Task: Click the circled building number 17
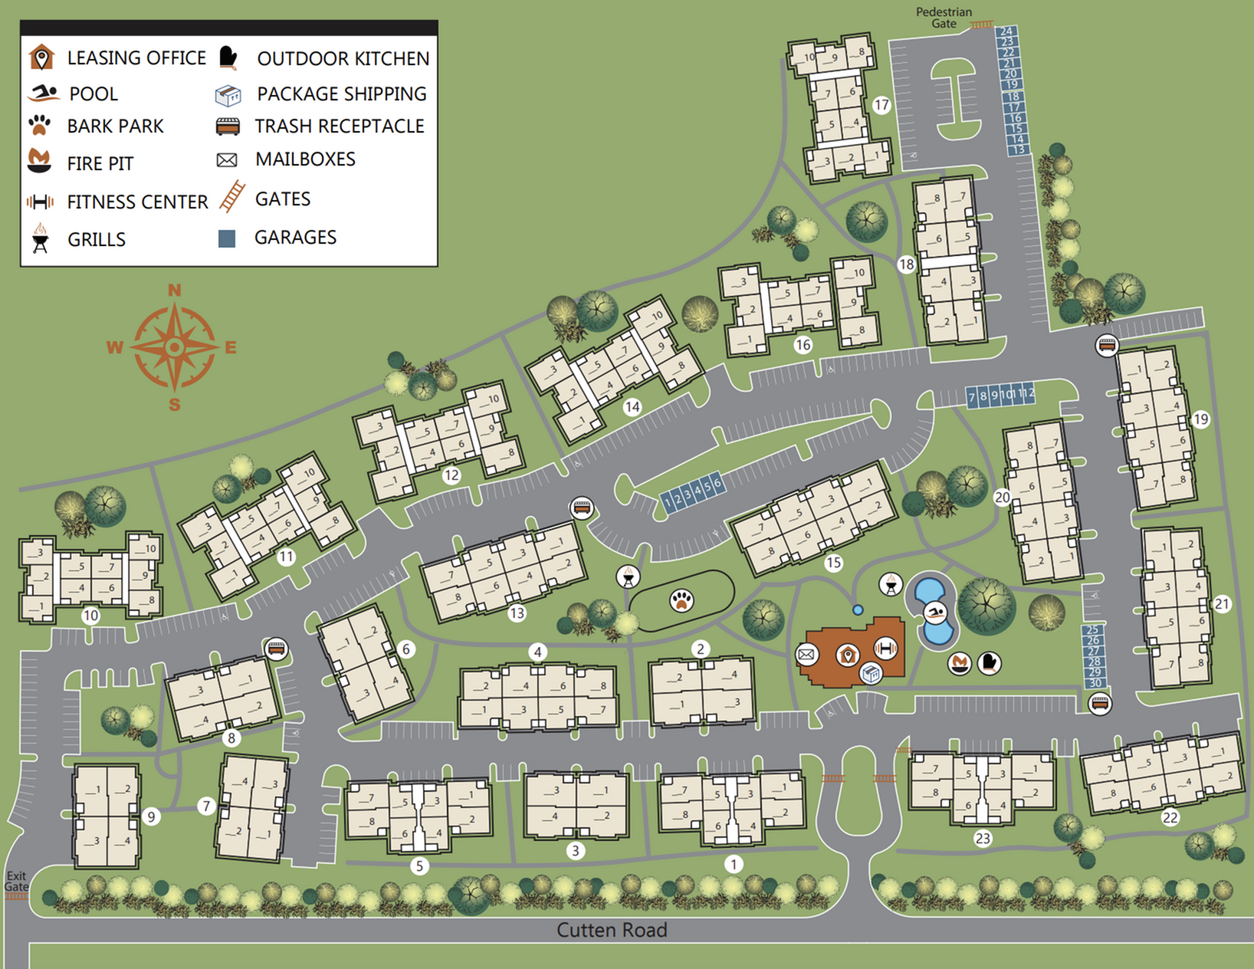[x=881, y=105]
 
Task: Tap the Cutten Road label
[x=612, y=930]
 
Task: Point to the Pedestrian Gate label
[x=944, y=18]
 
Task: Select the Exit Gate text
[x=16, y=881]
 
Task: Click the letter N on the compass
[x=175, y=291]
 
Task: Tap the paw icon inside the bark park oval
[x=681, y=600]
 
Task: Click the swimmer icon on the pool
[x=935, y=613]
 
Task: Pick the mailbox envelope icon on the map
[x=806, y=654]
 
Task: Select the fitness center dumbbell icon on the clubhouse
[x=885, y=649]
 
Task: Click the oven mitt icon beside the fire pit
[x=989, y=662]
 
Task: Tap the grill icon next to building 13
[x=629, y=576]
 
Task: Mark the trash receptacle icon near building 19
[x=1106, y=346]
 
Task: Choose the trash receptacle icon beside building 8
[x=276, y=649]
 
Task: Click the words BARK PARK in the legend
[x=115, y=126]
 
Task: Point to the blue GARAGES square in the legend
[x=227, y=238]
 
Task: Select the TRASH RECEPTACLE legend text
[x=340, y=126]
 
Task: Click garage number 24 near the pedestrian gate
[x=1006, y=31]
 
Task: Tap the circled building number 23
[x=983, y=839]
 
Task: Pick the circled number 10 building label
[x=90, y=615]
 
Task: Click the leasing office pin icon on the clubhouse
[x=847, y=655]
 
